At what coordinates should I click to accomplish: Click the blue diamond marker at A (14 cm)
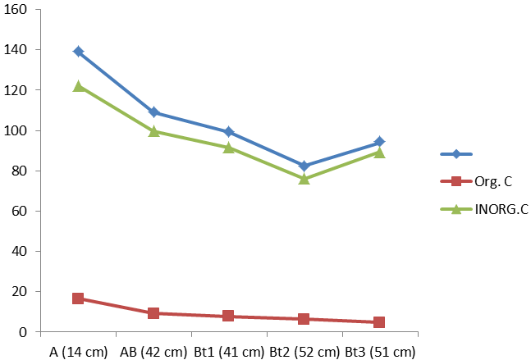tap(79, 52)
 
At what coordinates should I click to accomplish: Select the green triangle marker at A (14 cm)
tap(79, 86)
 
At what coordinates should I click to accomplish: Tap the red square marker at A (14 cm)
tap(79, 298)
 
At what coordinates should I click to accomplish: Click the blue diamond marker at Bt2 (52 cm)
tap(304, 166)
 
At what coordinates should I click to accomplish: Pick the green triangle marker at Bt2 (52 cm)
tap(304, 178)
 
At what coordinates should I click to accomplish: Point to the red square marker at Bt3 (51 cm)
tap(379, 322)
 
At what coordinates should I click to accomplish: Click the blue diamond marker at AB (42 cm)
tap(154, 112)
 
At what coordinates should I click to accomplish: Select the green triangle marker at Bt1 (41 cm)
tap(229, 147)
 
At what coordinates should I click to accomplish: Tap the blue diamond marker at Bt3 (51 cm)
tap(379, 142)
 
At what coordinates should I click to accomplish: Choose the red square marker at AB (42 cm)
tap(154, 313)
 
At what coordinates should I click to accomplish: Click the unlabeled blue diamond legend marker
tap(456, 154)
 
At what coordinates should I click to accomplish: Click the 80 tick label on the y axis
tap(19, 171)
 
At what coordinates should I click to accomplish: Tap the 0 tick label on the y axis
tap(23, 331)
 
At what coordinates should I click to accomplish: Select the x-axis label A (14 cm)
tap(78, 352)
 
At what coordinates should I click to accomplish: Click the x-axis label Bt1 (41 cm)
tap(229, 352)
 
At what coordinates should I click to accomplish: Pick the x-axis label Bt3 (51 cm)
tap(379, 352)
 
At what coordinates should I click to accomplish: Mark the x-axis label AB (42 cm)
tap(153, 352)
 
